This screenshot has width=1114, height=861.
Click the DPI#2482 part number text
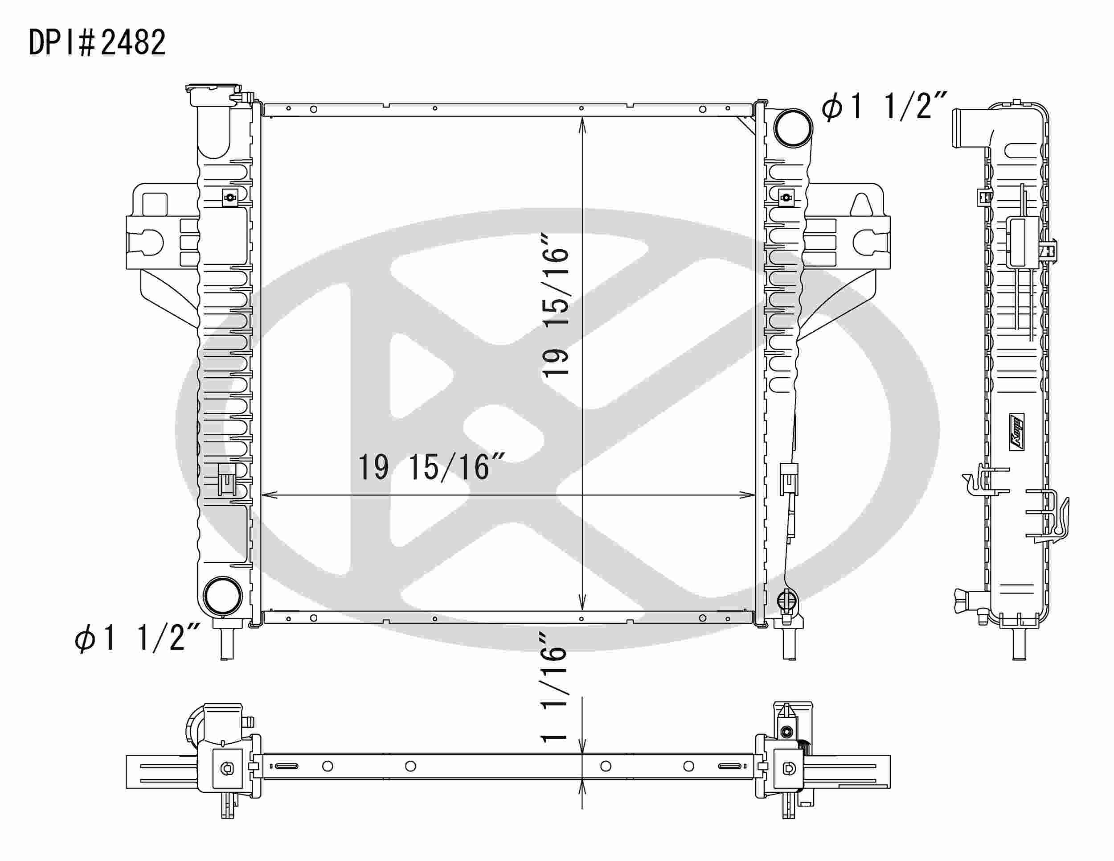click(x=97, y=43)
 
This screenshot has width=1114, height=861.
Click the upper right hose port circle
click(x=793, y=128)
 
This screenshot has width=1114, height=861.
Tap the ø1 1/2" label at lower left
click(x=137, y=638)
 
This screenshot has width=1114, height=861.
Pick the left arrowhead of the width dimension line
click(x=268, y=494)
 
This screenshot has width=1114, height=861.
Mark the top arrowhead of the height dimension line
click(x=582, y=124)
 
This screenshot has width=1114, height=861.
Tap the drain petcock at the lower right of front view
click(x=786, y=601)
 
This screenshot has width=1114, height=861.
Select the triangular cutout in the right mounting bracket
click(x=861, y=205)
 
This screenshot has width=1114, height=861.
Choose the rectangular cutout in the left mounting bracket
click(x=155, y=204)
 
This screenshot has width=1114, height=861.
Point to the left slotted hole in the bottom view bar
click(x=287, y=766)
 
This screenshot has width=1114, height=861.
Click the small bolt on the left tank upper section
click(x=230, y=198)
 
